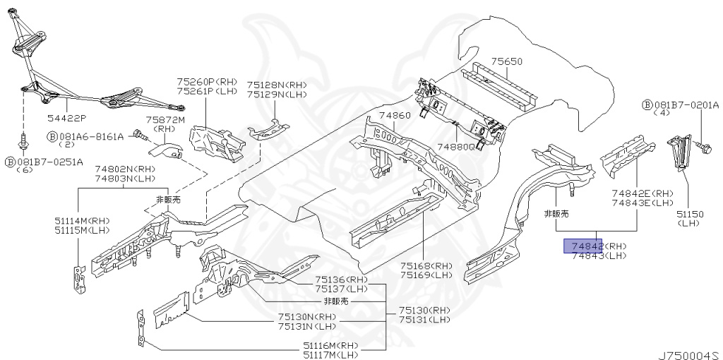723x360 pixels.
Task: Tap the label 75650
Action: [x=507, y=62]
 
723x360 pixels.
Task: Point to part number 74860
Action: [x=393, y=115]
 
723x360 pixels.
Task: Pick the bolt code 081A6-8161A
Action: [x=90, y=136]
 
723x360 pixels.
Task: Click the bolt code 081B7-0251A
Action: [x=49, y=162]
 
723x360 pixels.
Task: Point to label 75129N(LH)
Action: [x=276, y=94]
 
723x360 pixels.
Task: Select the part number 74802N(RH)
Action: [x=125, y=170]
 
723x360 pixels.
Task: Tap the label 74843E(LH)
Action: [x=643, y=203]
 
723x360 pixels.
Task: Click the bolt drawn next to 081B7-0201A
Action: [x=703, y=147]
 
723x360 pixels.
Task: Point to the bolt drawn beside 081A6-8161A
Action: [x=138, y=132]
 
